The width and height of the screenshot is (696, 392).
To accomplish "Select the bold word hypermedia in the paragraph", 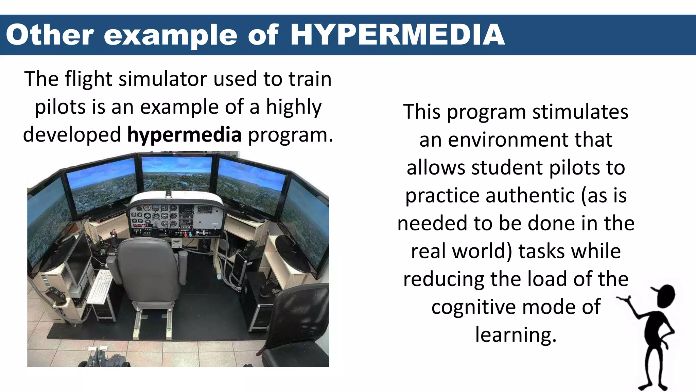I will click(184, 134).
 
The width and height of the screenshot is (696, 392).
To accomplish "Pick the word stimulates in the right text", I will click(580, 112).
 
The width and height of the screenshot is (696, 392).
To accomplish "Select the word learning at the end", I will click(516, 335).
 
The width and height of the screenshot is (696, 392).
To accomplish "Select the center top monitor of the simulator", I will click(177, 174).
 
